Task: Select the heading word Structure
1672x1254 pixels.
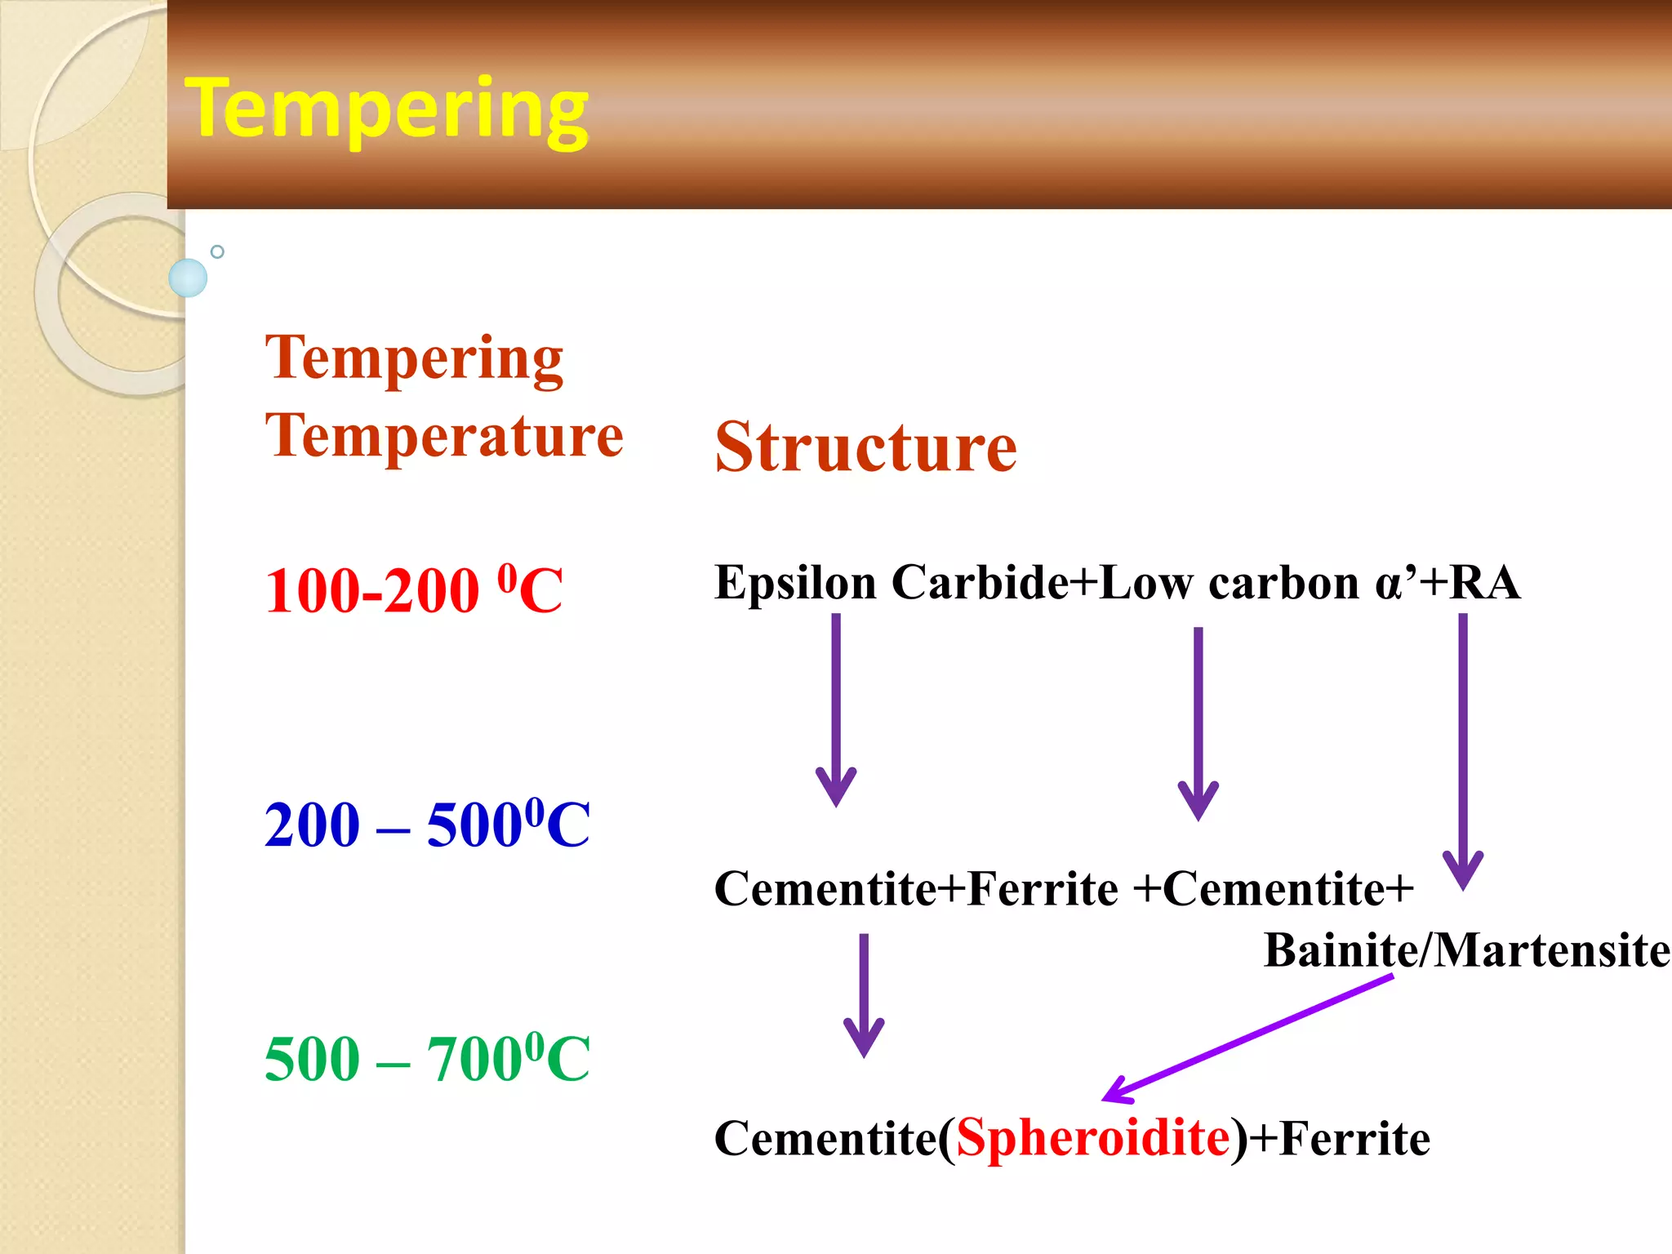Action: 865,447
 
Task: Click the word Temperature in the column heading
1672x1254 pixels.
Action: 444,436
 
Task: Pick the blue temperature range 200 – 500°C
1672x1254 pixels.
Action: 427,825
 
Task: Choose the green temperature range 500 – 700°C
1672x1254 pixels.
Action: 427,1059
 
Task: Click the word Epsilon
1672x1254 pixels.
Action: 795,583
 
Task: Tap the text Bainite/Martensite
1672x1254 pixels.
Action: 1466,950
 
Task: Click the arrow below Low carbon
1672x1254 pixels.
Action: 1198,722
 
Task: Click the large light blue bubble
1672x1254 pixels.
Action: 188,278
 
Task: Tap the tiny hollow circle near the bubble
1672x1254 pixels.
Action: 217,251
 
